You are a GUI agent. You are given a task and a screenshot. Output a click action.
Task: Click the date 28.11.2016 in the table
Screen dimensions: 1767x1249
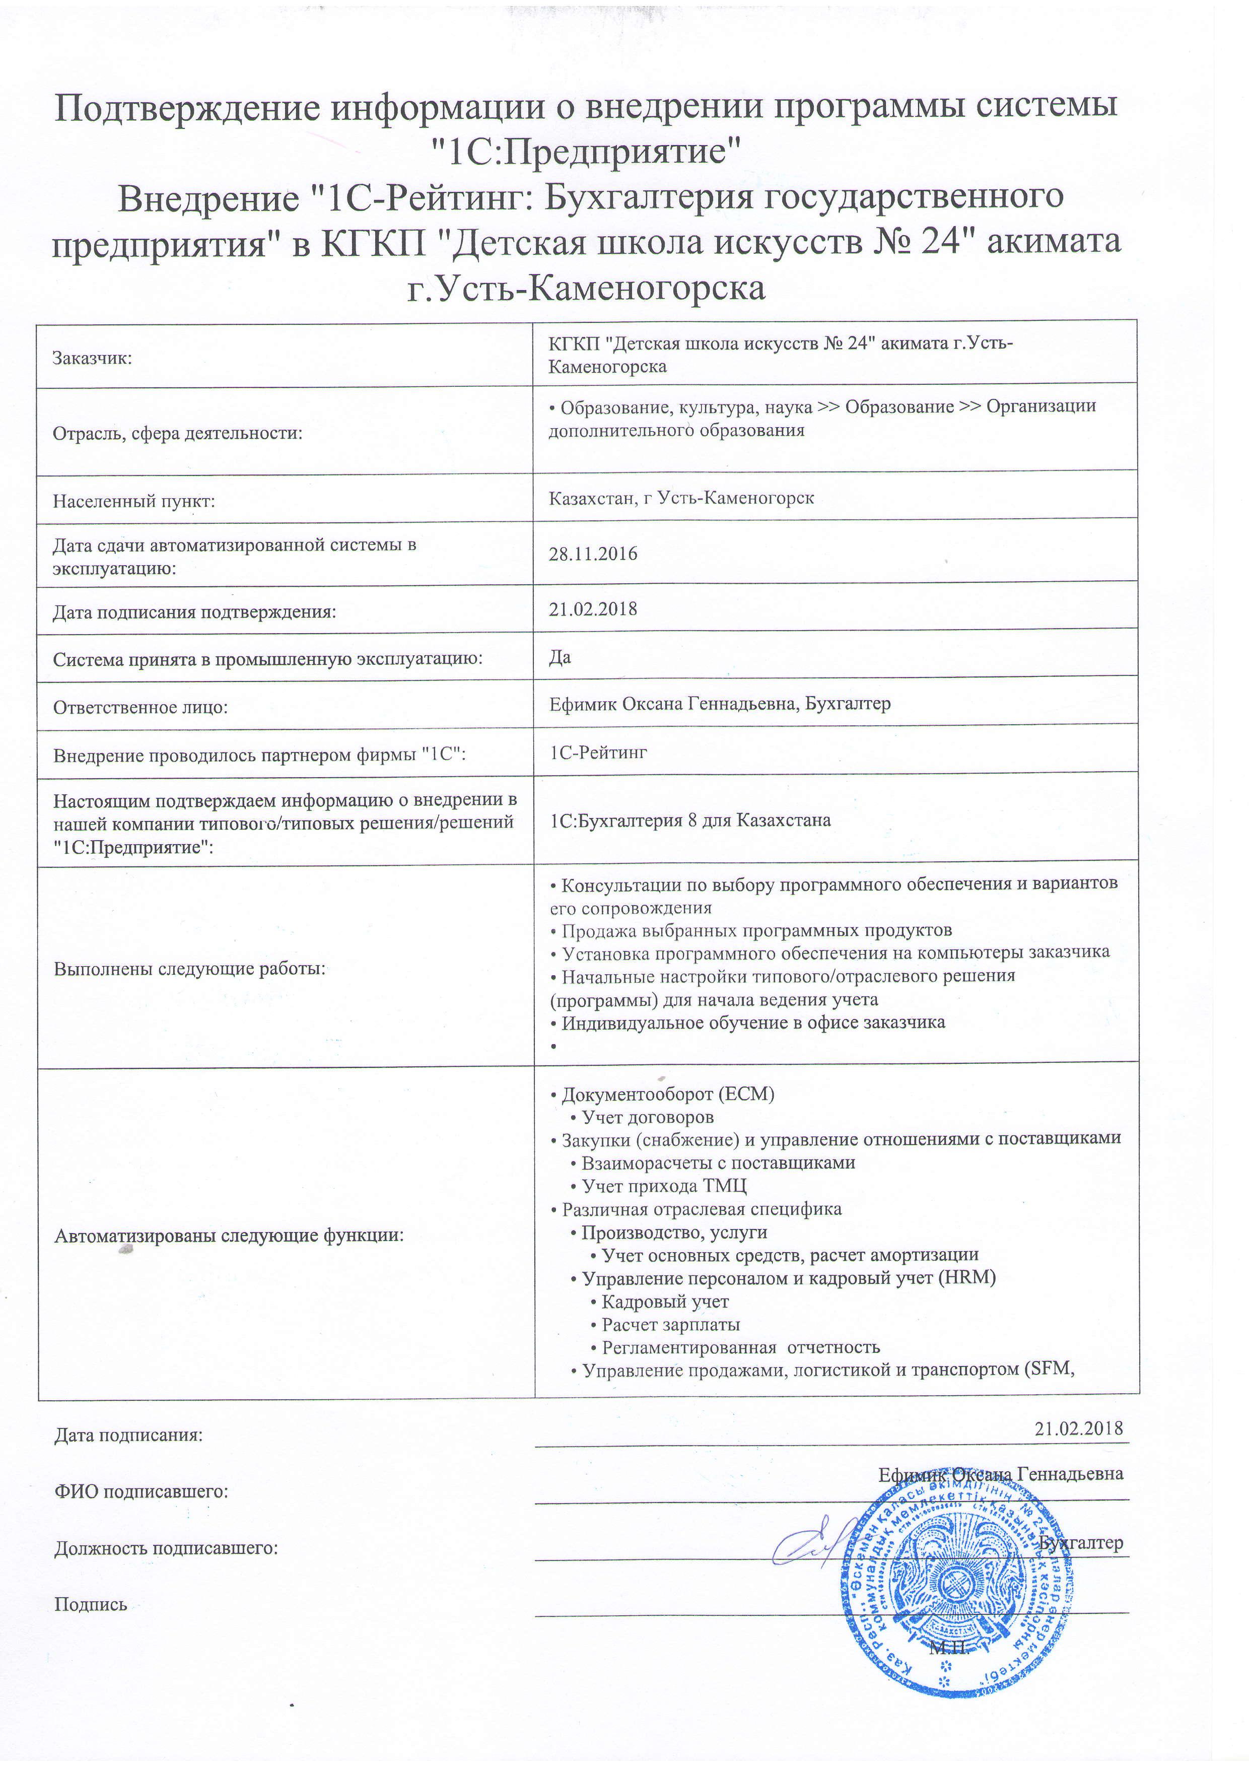[x=593, y=554]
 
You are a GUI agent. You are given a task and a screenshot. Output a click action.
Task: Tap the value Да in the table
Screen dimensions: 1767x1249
[x=560, y=657]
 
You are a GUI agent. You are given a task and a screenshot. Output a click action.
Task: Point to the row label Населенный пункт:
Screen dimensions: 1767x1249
[x=133, y=502]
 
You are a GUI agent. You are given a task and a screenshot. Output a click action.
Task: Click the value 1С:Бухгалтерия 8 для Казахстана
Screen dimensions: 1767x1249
[x=690, y=821]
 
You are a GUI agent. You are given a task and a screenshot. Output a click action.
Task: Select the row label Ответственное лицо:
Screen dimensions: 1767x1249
[x=140, y=707]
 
